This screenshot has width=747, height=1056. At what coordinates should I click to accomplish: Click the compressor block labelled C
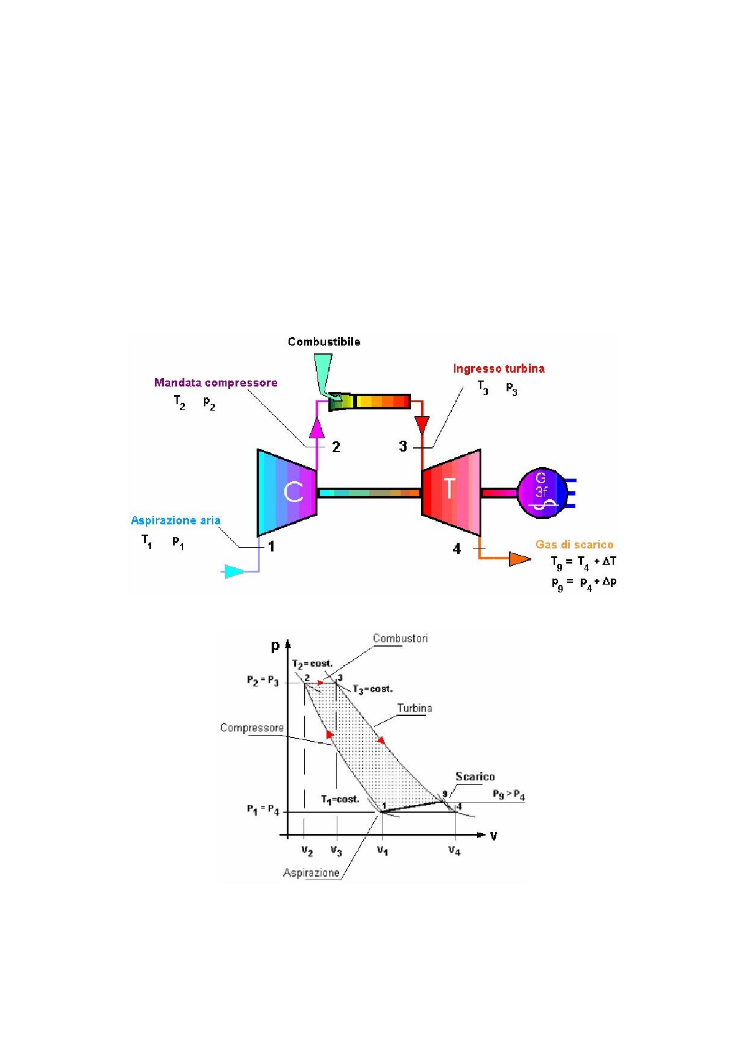pos(287,492)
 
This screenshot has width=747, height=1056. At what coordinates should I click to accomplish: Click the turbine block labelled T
pos(451,492)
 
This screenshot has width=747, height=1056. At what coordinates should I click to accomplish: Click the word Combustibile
pos(324,342)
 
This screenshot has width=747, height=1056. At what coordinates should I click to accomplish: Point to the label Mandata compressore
pos(216,382)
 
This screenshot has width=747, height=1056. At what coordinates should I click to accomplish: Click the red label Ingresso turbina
pos(499,368)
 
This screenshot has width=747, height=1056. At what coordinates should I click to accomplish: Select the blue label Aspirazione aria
pos(176,521)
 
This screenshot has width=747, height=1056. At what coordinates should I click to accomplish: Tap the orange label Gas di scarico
pos(575,545)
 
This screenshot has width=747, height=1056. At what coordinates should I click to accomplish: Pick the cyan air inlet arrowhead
pos(234,571)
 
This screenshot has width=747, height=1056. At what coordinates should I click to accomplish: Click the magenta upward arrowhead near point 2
pos(317,428)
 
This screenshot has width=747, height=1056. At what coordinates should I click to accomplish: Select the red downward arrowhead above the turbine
pos(422,424)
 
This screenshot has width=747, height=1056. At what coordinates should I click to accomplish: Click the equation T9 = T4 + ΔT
pos(583,562)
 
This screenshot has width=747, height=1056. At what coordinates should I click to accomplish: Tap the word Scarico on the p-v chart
pos(475,777)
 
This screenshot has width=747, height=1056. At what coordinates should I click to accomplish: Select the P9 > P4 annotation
pos(509,797)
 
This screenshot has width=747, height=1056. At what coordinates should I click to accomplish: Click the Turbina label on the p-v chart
pos(414,708)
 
